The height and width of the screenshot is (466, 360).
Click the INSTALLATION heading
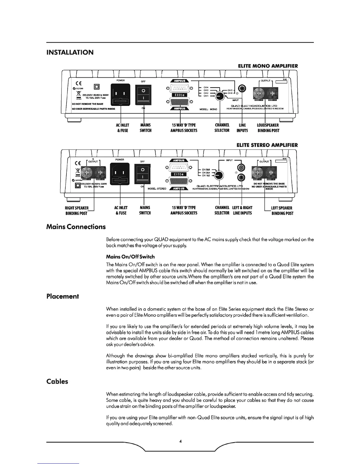click(x=70, y=52)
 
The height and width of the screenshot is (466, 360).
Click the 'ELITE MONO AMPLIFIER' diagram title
click(x=268, y=66)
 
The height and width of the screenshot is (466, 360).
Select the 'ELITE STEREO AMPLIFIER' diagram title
click(x=267, y=145)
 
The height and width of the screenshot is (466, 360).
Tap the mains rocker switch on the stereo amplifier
click(x=142, y=174)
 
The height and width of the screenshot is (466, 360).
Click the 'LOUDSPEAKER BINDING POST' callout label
click(x=268, y=128)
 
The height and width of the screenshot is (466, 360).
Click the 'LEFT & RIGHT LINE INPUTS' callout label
click(x=242, y=210)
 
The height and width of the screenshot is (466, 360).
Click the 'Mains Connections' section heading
click(x=76, y=227)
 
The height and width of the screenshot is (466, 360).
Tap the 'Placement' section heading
click(x=62, y=296)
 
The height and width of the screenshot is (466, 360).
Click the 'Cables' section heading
click(x=57, y=382)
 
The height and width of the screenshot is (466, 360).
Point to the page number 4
click(x=180, y=441)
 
